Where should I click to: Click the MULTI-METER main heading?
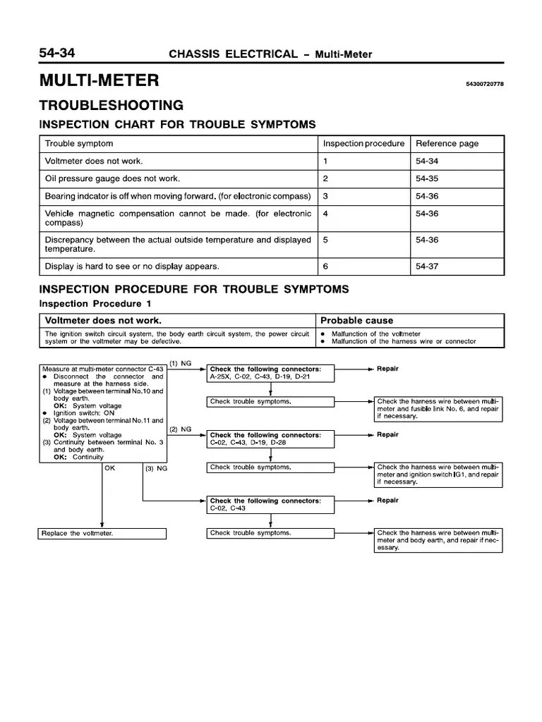(x=99, y=80)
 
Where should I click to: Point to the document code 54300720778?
(x=484, y=85)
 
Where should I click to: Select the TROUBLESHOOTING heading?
(x=112, y=106)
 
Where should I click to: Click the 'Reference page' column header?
(x=447, y=144)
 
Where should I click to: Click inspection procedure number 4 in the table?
(x=326, y=213)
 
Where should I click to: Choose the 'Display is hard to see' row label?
(x=132, y=267)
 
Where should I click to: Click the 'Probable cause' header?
(x=357, y=320)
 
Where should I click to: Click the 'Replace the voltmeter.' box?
(x=102, y=534)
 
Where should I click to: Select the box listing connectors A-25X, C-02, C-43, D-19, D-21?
(x=270, y=373)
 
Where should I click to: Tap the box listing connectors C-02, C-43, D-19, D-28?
(x=270, y=439)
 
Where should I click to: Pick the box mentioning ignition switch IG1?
(x=438, y=475)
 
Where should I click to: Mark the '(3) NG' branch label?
(x=156, y=467)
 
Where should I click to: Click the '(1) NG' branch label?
(x=180, y=362)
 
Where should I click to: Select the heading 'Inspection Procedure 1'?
(x=95, y=303)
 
